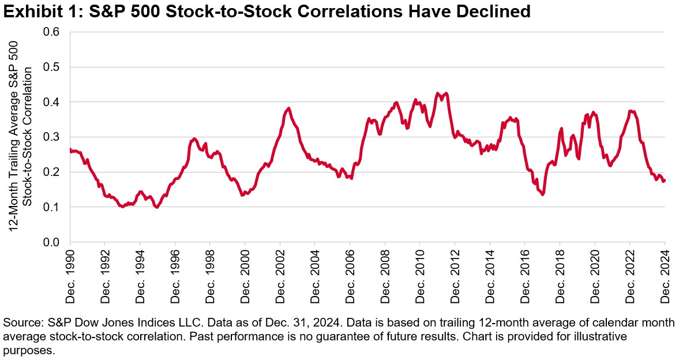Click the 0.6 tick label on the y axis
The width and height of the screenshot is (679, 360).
click(x=54, y=32)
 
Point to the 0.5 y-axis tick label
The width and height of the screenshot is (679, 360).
click(x=54, y=67)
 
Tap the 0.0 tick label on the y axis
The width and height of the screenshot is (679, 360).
click(x=54, y=242)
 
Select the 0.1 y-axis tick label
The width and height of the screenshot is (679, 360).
click(x=54, y=207)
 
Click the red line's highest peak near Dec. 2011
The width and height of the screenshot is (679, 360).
click(x=438, y=93)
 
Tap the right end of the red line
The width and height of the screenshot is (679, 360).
click(x=665, y=180)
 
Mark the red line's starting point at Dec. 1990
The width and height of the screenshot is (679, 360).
click(x=70, y=149)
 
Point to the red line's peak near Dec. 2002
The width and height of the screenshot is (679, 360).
click(x=288, y=108)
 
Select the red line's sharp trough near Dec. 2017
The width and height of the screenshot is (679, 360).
click(x=542, y=194)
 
